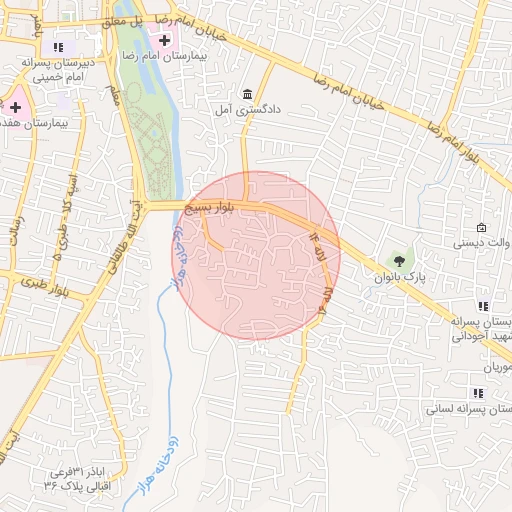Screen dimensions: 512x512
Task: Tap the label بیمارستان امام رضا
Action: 219,47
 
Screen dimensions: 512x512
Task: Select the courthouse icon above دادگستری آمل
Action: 248,92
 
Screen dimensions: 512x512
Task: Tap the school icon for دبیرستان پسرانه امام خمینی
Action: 58,46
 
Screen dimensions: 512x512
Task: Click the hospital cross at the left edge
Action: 16,104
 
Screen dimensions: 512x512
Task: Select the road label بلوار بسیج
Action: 215,207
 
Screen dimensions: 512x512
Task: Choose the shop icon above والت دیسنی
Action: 482,228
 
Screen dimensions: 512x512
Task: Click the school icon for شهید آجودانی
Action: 483,306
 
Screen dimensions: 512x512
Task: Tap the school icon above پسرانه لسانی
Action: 475,392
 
